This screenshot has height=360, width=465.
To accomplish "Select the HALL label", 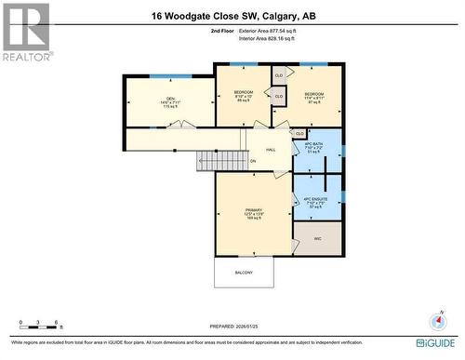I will [271, 150].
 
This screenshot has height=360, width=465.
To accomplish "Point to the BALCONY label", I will [243, 273].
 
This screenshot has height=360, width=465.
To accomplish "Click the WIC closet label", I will [316, 238].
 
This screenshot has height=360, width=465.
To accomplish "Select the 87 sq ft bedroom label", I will [313, 98].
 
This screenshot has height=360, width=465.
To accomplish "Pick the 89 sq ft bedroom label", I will [244, 97].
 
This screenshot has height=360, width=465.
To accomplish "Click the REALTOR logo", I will [26, 32].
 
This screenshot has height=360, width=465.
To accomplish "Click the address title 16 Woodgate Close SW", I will [232, 15].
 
